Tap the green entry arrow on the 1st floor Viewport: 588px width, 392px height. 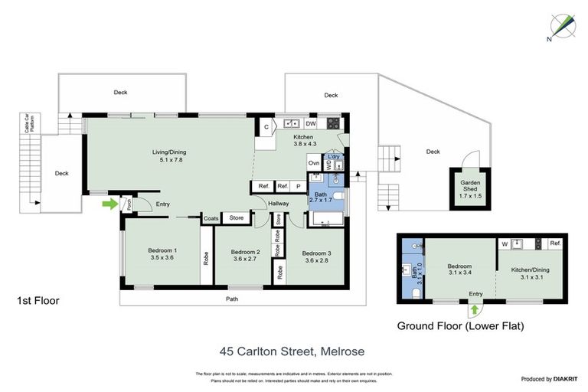(x=112, y=204)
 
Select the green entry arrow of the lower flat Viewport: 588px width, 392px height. (x=473, y=309)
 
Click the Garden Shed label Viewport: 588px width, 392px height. (x=469, y=189)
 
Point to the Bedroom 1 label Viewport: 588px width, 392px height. (x=162, y=254)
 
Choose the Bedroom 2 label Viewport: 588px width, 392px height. (x=246, y=256)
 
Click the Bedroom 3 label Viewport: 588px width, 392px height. (x=316, y=257)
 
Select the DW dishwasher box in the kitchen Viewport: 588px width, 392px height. (x=311, y=123)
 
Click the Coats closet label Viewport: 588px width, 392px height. (x=211, y=218)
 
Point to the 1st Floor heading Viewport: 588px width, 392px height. (x=38, y=301)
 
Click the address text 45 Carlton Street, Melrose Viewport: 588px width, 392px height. (x=292, y=351)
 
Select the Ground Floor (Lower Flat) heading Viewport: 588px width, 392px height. (x=460, y=325)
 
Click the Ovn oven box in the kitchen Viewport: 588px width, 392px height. (x=313, y=162)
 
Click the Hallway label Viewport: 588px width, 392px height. (x=278, y=203)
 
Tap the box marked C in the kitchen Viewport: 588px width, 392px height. (x=266, y=126)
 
